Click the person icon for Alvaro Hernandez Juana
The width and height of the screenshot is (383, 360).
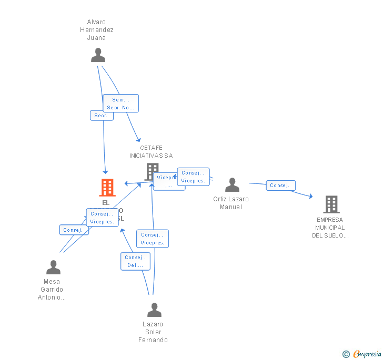pos(98,55)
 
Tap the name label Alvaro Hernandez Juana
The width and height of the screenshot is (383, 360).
pos(96,30)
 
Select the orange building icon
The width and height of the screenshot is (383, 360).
pos(107,188)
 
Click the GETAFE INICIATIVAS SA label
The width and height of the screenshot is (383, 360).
pos(151,152)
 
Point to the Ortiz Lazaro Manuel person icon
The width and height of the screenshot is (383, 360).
pos(232,185)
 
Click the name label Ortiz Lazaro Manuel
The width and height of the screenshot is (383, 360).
pos(231,203)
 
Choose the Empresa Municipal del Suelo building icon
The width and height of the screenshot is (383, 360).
pos(331,204)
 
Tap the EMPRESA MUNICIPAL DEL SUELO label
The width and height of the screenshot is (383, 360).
pos(330,228)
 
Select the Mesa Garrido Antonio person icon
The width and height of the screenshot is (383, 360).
pos(53,268)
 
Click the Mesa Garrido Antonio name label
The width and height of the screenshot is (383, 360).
pos(52,290)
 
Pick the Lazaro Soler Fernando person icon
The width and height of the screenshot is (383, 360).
pos(154,310)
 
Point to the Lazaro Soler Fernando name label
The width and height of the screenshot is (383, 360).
pos(153,332)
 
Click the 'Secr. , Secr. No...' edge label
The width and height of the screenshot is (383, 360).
pos(120,104)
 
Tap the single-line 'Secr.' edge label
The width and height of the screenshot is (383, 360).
pos(102,116)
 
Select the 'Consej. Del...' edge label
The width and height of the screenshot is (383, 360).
pos(135,261)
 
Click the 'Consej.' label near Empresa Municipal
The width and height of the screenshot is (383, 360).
pos(281,186)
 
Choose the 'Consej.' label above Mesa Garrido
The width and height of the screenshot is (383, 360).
pos(74,230)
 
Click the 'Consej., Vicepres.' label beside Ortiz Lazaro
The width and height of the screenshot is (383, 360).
pos(193,177)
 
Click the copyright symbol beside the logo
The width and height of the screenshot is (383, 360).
pos(346,354)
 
